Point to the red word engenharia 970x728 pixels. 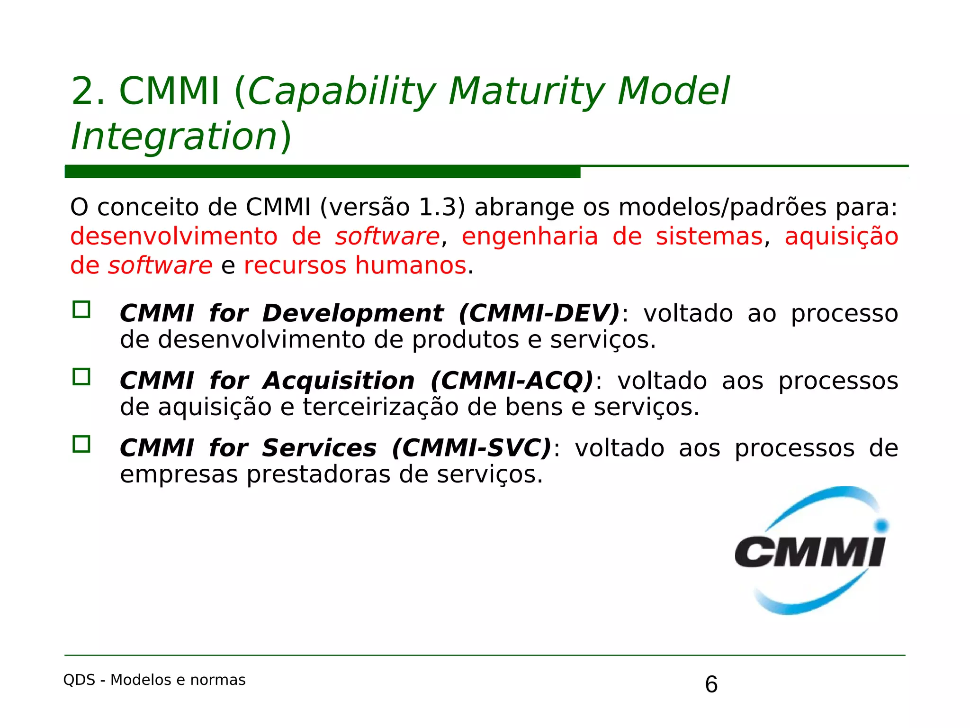coord(530,237)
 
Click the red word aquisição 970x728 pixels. coord(841,237)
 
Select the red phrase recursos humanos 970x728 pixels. coord(355,265)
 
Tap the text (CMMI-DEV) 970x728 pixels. coord(539,314)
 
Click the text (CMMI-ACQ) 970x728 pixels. coord(512,381)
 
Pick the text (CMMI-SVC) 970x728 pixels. coord(472,448)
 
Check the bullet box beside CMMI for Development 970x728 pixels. coord(81,309)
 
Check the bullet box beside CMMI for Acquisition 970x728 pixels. coord(81,377)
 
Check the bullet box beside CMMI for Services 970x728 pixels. coord(81,444)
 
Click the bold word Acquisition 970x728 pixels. coord(339,381)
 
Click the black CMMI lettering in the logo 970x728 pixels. coord(809,552)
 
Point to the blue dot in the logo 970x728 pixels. coord(881,525)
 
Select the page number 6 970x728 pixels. coord(711,684)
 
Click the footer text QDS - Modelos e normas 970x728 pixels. coord(154,680)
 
